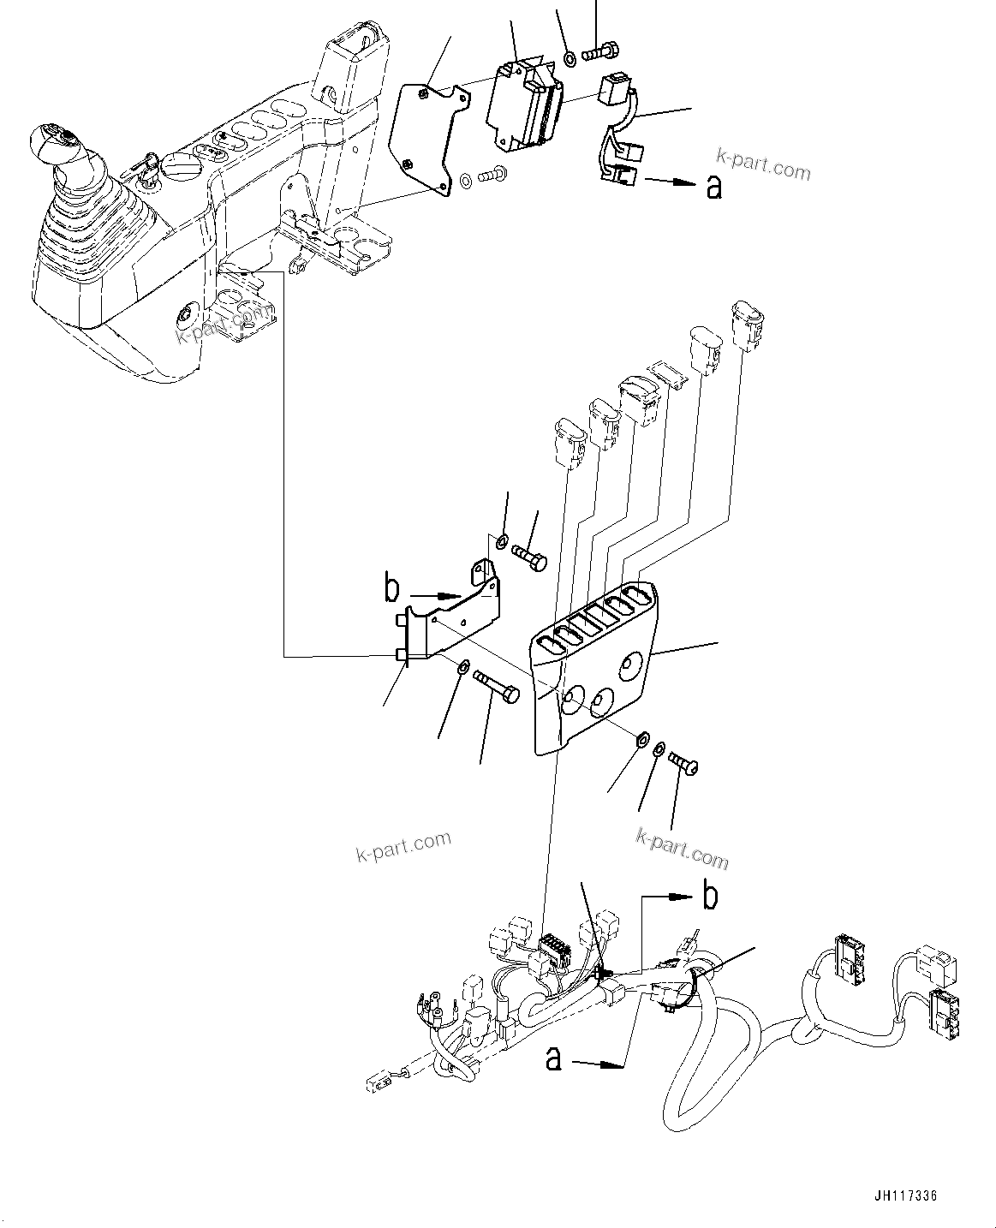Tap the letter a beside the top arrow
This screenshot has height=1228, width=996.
click(714, 186)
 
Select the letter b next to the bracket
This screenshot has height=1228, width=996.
click(392, 589)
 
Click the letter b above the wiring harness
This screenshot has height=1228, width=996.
click(710, 896)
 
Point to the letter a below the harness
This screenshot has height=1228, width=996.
click(555, 1058)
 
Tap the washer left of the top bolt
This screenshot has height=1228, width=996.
click(569, 59)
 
